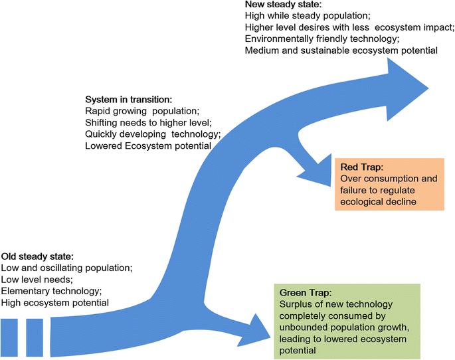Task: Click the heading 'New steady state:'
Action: click(282, 5)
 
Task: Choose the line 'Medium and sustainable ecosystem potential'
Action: click(341, 50)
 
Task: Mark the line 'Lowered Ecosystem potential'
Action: click(148, 145)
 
